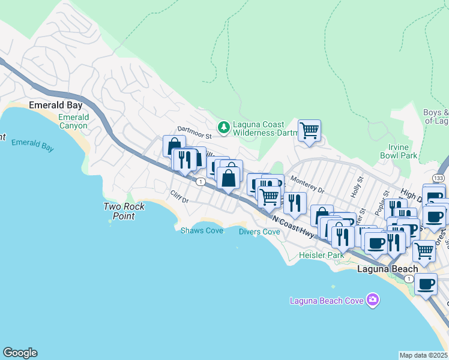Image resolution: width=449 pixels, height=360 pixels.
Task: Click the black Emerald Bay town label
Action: click(x=56, y=105)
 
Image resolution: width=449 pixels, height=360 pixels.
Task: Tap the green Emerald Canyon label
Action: click(x=73, y=122)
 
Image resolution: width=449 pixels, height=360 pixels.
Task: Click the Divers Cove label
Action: click(x=259, y=232)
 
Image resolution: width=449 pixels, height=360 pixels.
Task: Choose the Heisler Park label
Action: click(x=322, y=255)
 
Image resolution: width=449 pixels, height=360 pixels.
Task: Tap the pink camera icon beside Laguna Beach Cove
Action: click(x=373, y=299)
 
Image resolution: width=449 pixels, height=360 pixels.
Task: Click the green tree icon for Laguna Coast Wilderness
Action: click(x=224, y=127)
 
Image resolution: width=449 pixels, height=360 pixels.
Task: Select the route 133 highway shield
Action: click(x=438, y=179)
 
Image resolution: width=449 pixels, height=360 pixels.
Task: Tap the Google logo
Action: click(x=20, y=353)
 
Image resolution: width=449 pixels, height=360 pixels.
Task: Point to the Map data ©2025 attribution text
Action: click(x=424, y=355)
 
